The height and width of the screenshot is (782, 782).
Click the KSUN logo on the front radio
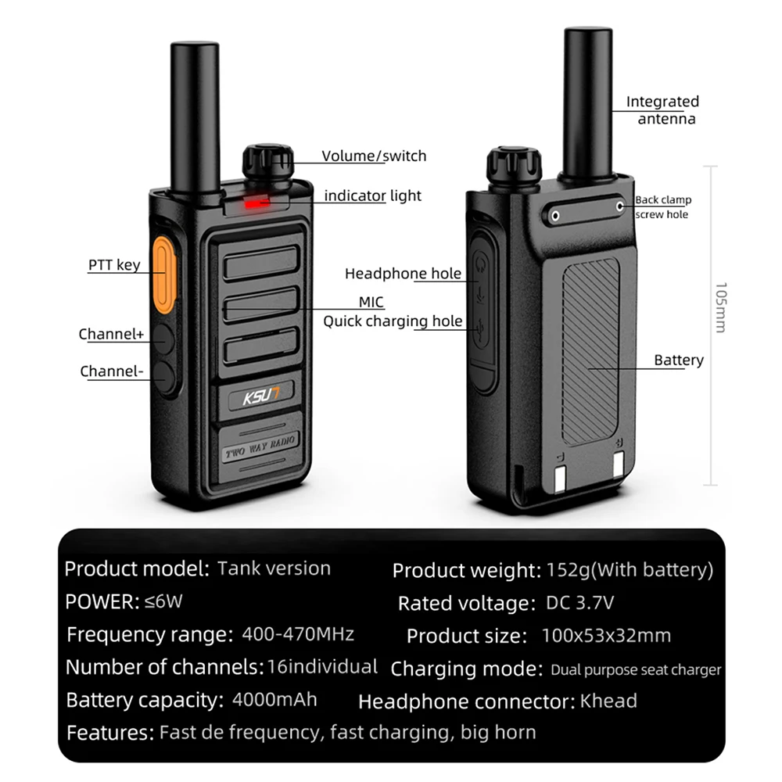click(x=260, y=398)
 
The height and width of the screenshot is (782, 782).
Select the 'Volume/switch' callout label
click(x=374, y=156)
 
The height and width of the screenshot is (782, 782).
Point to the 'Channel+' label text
click(x=111, y=334)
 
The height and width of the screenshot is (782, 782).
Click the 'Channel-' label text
click(x=111, y=371)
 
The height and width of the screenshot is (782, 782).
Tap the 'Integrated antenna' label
click(x=663, y=110)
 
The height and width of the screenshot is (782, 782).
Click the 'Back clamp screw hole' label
click(x=663, y=207)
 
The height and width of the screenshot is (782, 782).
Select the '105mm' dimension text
click(x=720, y=307)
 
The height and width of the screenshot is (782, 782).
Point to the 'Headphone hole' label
click(x=403, y=274)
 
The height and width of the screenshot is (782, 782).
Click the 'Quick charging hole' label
click(x=393, y=321)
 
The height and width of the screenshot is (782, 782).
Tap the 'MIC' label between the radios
click(x=371, y=302)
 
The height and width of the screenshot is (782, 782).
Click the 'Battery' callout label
click(x=678, y=360)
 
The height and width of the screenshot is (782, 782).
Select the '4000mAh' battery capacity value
click(x=274, y=698)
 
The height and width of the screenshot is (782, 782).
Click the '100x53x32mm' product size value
click(x=606, y=635)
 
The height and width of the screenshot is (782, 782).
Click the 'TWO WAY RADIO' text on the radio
click(x=260, y=448)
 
